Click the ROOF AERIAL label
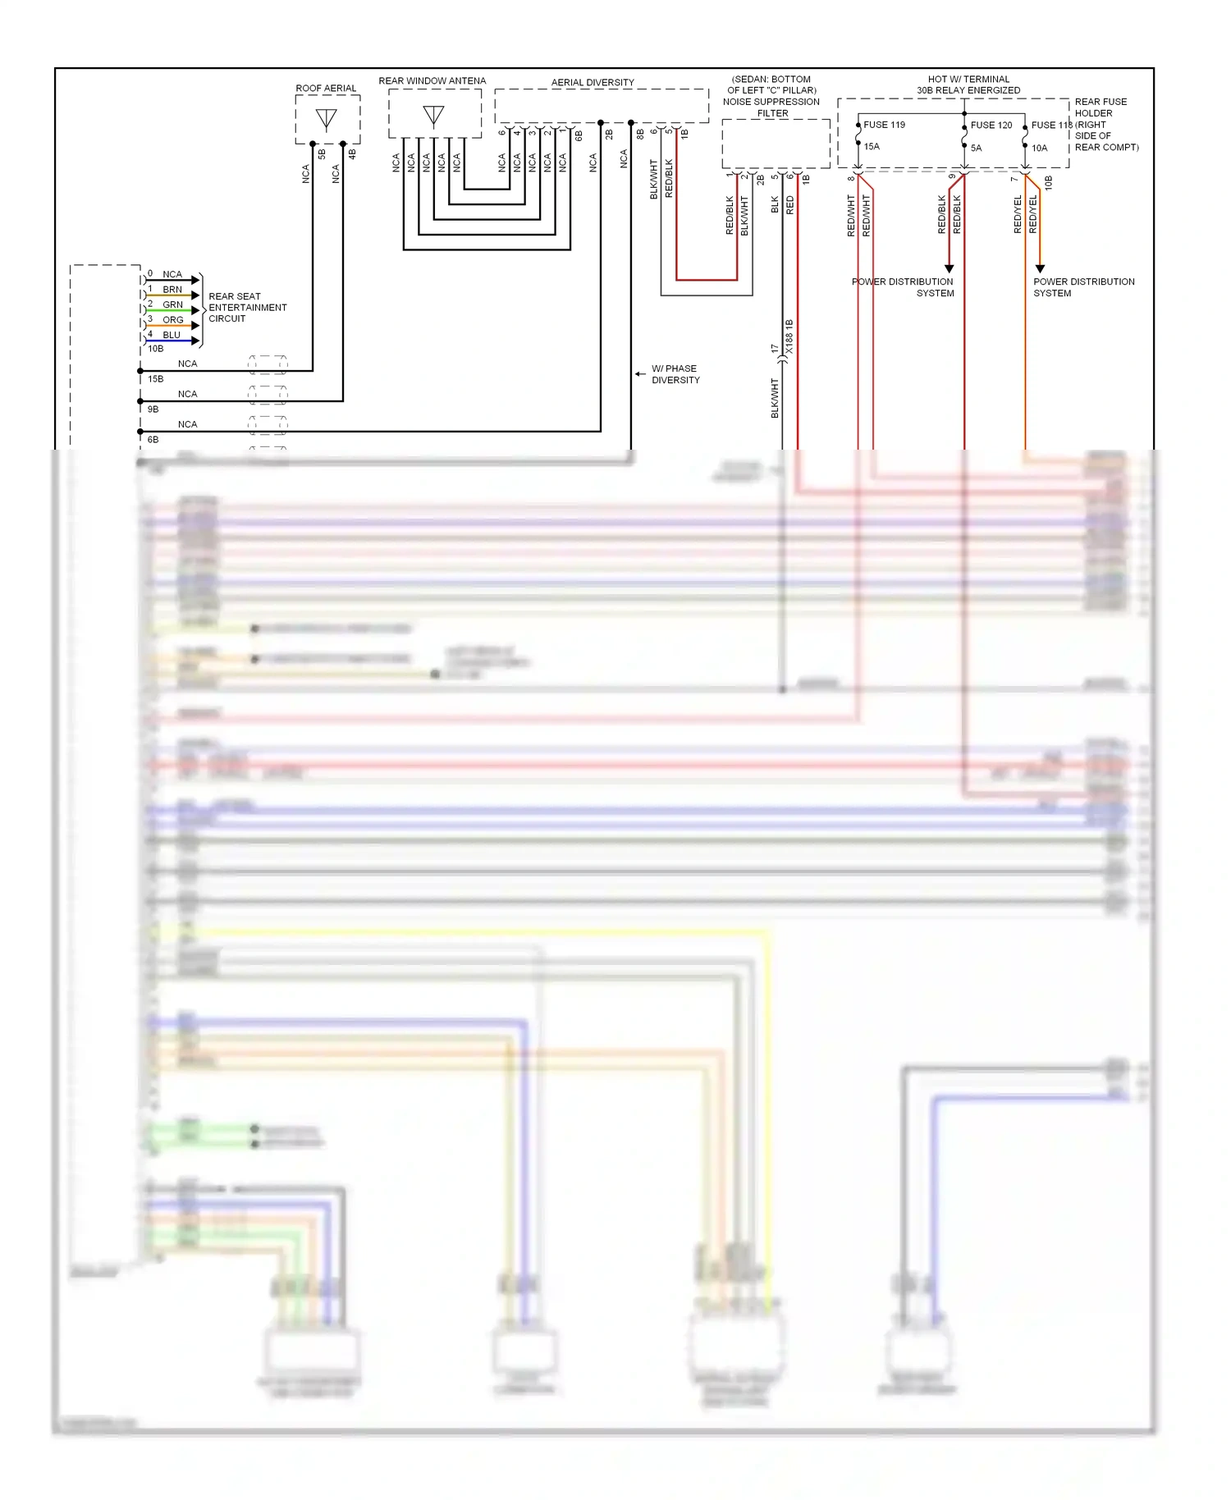326,88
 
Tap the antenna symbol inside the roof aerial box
326,120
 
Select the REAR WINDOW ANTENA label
432,80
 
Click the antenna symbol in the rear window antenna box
433,116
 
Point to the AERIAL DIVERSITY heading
593,82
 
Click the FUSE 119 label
884,125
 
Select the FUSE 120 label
991,125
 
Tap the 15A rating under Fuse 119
872,147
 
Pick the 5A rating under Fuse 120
976,148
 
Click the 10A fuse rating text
1039,148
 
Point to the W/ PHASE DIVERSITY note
675,374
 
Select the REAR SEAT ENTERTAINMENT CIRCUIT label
247,308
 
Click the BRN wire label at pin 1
172,290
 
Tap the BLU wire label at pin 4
171,335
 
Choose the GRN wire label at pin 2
172,304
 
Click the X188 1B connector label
789,337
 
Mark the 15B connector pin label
155,379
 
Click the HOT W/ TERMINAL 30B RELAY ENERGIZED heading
968,85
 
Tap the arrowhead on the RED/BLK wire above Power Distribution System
950,268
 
